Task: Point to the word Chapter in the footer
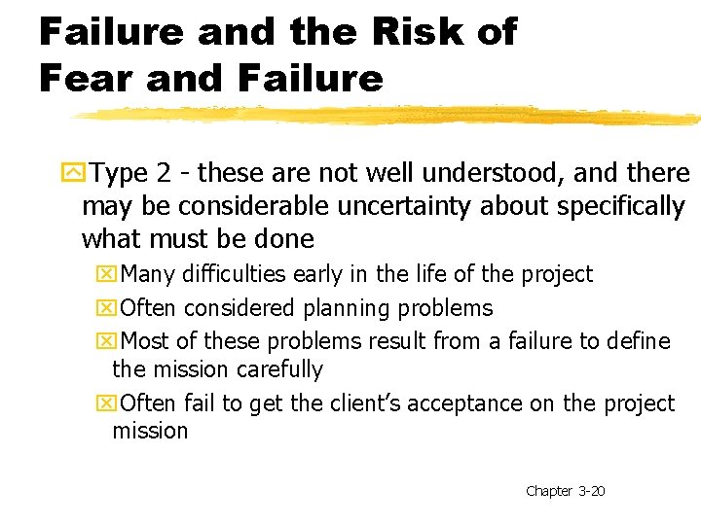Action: pyautogui.click(x=548, y=491)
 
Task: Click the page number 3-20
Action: pyautogui.click(x=591, y=491)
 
